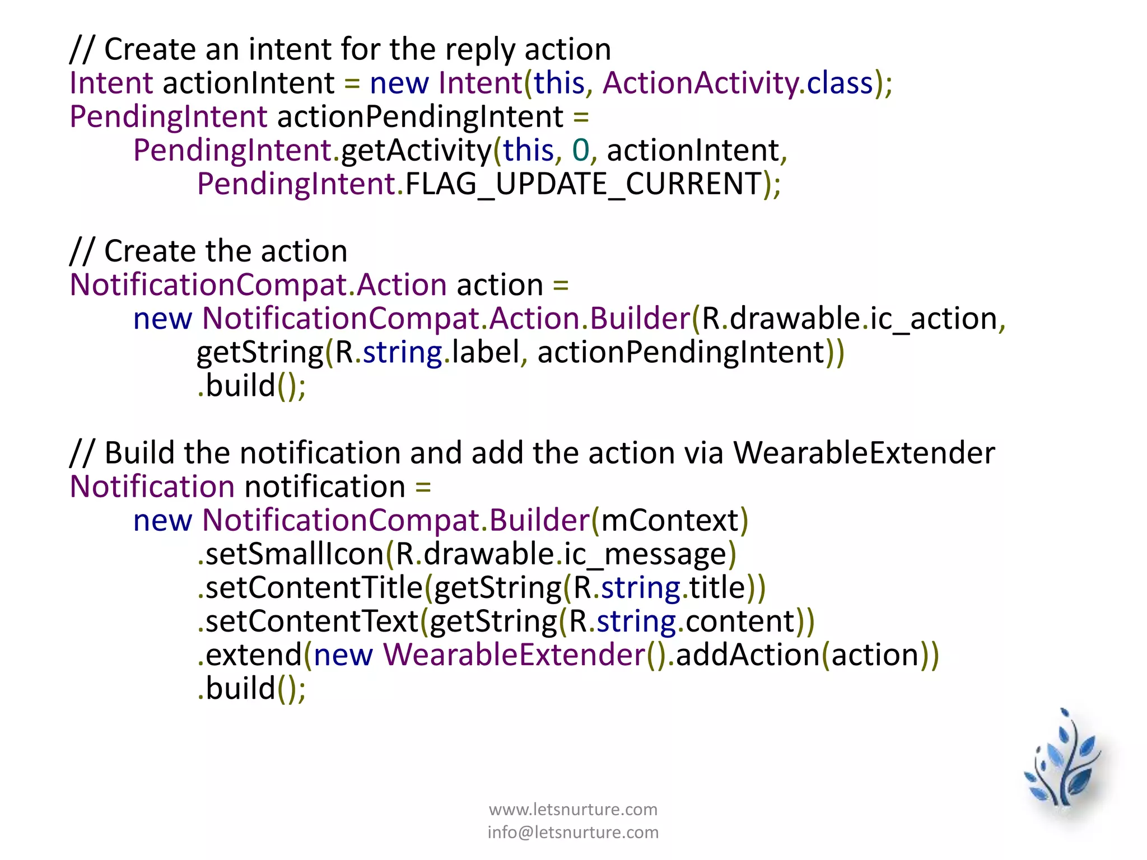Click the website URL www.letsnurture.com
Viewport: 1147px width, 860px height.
[573, 809]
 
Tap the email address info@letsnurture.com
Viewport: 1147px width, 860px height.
[573, 832]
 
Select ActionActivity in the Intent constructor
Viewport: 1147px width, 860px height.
[700, 83]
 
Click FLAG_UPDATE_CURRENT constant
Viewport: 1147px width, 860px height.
[583, 184]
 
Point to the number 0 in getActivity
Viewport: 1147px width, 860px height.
[581, 150]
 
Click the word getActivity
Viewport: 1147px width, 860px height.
[416, 150]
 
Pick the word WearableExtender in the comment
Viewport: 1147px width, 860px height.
[864, 452]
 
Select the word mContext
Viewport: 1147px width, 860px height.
[670, 520]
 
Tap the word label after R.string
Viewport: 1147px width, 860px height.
[486, 352]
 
